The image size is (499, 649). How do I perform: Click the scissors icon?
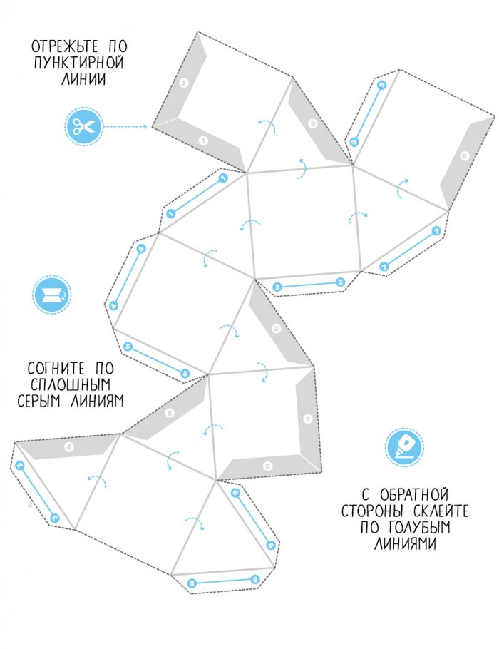coord(83,128)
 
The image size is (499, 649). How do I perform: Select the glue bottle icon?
coord(403,446)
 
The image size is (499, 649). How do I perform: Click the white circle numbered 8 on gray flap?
coord(465,155)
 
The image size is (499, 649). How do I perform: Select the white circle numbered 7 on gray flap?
coord(307,419)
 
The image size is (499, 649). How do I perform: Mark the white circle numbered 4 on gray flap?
coord(69,448)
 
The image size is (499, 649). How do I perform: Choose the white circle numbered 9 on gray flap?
coord(312,123)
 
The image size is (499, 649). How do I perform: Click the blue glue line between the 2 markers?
coord(309,285)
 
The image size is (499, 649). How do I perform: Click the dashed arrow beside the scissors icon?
coord(126,128)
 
